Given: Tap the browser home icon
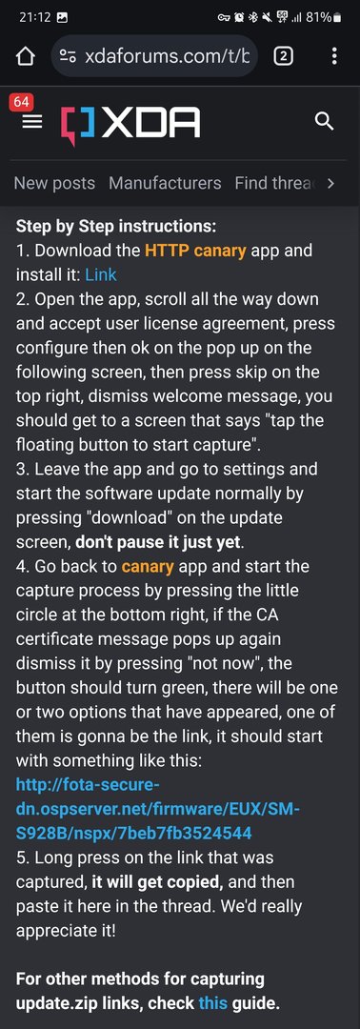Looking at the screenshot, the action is tap(25, 57).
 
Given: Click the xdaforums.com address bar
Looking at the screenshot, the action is tap(154, 56).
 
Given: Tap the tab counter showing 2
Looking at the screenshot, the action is tap(283, 56).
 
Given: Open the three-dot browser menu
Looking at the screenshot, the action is tap(334, 56).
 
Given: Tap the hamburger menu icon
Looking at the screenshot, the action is tap(31, 122).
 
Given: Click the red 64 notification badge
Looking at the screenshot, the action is tap(20, 102).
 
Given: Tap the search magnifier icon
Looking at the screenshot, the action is tap(325, 121).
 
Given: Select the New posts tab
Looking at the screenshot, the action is tap(54, 183).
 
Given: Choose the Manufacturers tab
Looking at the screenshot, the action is tap(165, 183).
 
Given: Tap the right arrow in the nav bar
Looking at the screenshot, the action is tap(330, 183).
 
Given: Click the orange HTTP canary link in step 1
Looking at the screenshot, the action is tap(195, 250).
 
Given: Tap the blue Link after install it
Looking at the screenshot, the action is tap(101, 274).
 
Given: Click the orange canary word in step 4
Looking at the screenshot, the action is tap(148, 566).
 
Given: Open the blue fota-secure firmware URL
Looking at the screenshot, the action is tap(157, 809).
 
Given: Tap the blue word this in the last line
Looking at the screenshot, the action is tap(211, 1003).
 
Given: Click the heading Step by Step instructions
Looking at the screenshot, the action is tap(116, 227).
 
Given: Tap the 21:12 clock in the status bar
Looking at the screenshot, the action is tap(34, 17).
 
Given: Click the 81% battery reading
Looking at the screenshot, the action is tap(317, 17).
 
